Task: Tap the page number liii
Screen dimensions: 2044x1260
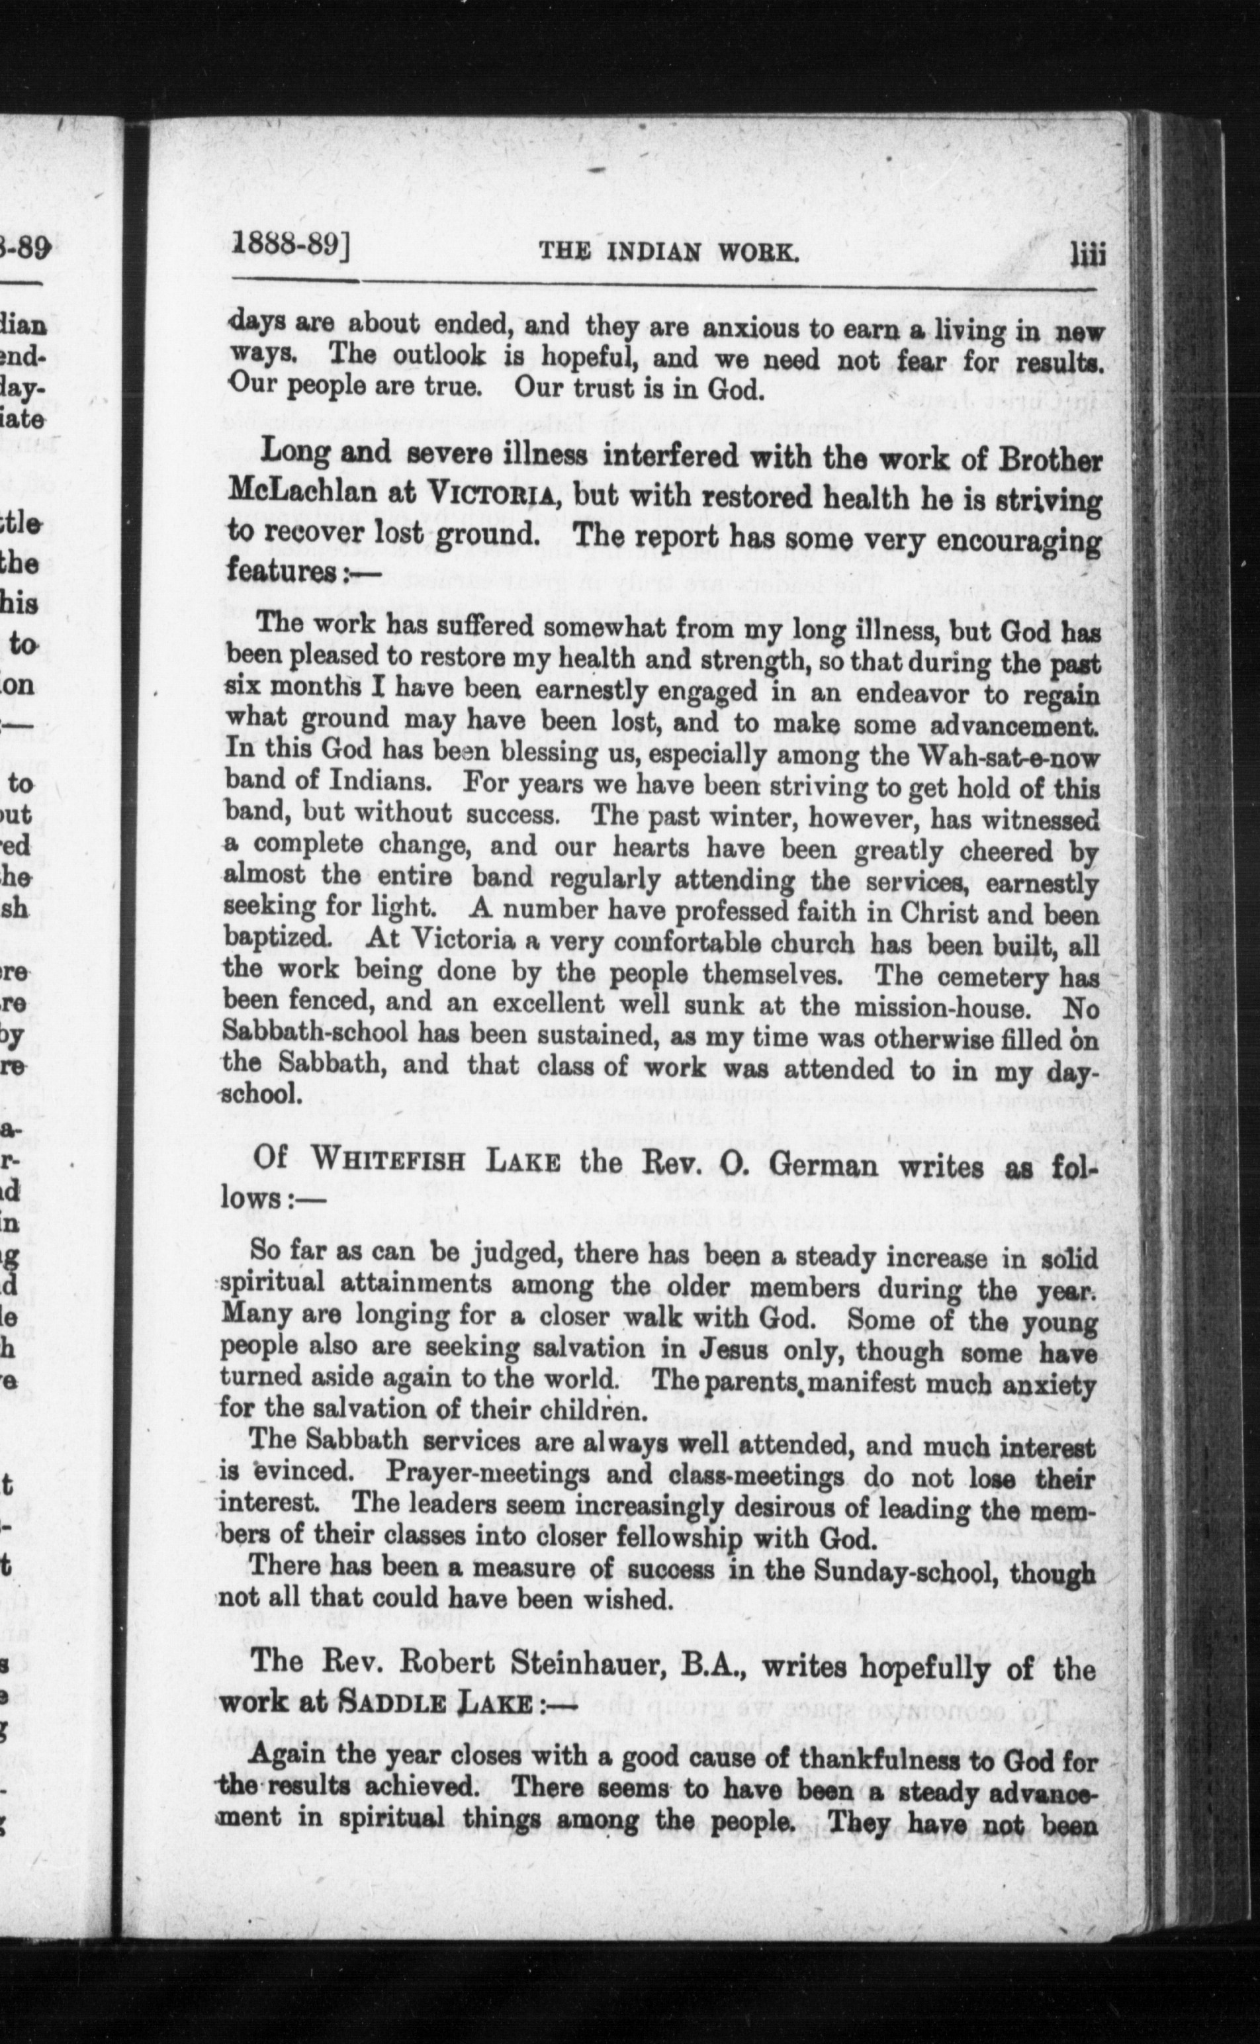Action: coord(1087,252)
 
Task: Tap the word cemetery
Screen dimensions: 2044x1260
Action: coord(983,975)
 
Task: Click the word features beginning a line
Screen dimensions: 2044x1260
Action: coord(279,573)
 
